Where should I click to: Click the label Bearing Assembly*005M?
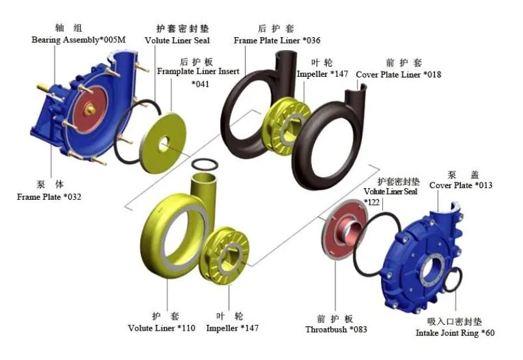[x=78, y=40]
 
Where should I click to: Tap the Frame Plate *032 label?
[x=49, y=196]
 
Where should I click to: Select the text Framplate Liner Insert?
[x=198, y=71]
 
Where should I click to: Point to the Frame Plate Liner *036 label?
[x=277, y=40]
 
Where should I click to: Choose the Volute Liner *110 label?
[x=161, y=327]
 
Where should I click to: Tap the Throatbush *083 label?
[x=336, y=329]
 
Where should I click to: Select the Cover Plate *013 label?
[x=460, y=186]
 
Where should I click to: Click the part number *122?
[x=372, y=202]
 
